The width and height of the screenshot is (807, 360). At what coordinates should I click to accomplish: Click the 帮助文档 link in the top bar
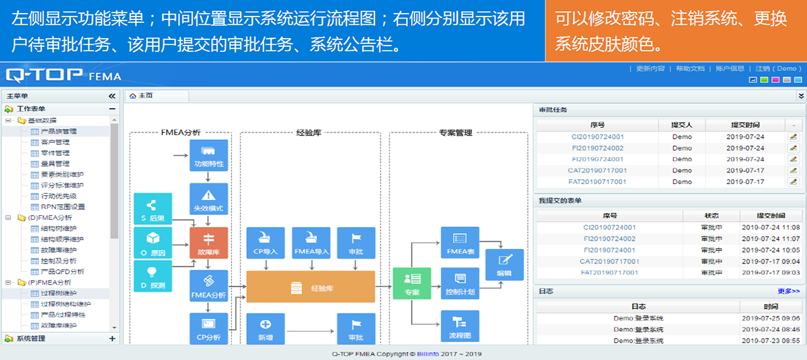click(690, 69)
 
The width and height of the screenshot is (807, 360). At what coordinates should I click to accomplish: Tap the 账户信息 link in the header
click(730, 69)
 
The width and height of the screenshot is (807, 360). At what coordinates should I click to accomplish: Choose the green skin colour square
click(764, 80)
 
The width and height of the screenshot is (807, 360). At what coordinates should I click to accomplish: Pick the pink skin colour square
click(775, 80)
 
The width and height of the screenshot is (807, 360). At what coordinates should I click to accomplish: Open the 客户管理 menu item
click(55, 142)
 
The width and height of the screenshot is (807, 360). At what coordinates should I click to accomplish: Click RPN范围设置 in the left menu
click(63, 207)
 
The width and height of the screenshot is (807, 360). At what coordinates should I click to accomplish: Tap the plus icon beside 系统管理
click(112, 339)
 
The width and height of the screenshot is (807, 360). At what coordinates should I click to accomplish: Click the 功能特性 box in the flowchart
click(208, 157)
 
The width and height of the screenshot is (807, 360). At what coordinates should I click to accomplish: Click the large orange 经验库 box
click(310, 286)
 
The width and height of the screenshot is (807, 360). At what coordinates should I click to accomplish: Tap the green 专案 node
click(412, 283)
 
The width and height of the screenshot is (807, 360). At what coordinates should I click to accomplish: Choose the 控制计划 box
click(459, 283)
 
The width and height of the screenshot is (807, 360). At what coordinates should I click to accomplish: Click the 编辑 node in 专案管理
click(504, 265)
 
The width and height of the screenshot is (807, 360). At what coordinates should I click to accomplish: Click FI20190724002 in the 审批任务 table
click(597, 148)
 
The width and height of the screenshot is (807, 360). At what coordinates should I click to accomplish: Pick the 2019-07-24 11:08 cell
click(770, 228)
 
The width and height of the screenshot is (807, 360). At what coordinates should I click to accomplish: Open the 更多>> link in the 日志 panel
click(788, 291)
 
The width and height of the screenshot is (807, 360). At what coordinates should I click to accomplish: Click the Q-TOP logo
click(43, 74)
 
